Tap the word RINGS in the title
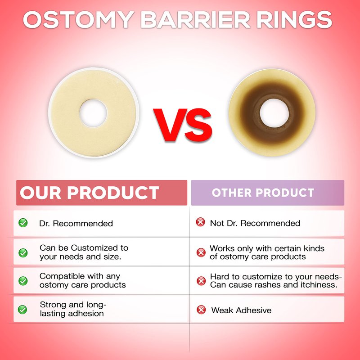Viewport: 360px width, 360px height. coord(295,20)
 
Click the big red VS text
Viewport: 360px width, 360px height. coord(183,125)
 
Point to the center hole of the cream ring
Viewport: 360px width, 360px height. coord(93,113)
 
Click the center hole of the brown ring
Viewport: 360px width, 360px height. coord(274,113)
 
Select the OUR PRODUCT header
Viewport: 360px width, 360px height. coord(89,193)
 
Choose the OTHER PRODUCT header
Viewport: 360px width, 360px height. coord(263,193)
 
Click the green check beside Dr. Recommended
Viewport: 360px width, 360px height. coord(23,223)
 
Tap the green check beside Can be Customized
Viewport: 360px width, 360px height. coord(23,253)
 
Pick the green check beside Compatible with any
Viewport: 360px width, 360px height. coord(23,281)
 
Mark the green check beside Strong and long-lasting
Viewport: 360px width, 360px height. coord(22,310)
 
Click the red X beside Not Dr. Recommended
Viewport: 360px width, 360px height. coord(200,222)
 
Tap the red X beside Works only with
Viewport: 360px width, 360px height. coord(201,252)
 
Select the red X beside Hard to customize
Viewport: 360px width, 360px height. coord(201,281)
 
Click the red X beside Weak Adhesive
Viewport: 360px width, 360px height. coord(201,310)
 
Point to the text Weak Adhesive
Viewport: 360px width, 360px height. coord(241,310)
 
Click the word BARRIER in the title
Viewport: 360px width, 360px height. coord(195,20)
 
